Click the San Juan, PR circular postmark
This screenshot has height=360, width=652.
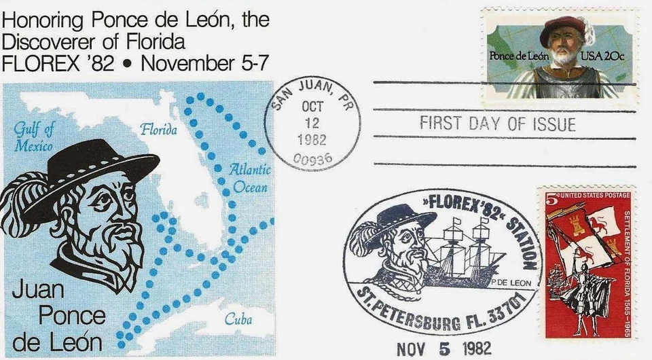tap(312, 126)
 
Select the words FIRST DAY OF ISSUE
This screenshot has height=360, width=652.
tap(498, 124)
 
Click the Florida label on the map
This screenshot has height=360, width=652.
tap(158, 129)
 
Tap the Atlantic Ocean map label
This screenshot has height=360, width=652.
tap(249, 179)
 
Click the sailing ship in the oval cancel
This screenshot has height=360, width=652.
tap(468, 255)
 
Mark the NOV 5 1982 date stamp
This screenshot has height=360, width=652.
tap(443, 348)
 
